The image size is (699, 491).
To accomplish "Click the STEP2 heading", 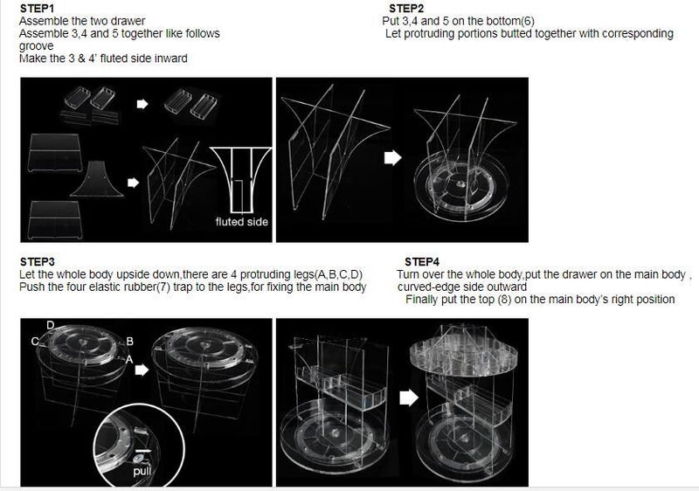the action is [x=406, y=9].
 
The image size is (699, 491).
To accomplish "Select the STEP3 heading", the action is [x=38, y=261].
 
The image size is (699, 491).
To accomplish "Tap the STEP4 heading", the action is [x=422, y=261].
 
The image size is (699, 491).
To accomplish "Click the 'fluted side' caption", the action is [x=242, y=222].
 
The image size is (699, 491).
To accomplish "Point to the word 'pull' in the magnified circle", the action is [x=142, y=471].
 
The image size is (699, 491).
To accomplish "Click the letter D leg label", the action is [x=51, y=325].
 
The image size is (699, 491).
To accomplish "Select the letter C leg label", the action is [x=35, y=342].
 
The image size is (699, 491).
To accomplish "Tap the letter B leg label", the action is [x=129, y=342].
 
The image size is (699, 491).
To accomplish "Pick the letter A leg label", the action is [x=129, y=359].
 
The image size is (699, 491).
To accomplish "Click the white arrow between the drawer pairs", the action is [x=142, y=104].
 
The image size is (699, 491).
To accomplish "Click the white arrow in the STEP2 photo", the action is [x=392, y=157].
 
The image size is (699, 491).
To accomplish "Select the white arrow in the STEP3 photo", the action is [x=142, y=370].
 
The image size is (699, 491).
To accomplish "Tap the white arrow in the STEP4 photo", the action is [x=409, y=398].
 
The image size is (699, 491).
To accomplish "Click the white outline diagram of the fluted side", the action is [x=240, y=181].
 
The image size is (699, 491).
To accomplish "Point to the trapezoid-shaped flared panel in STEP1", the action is [x=97, y=179].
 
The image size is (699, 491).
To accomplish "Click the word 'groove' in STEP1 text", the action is [x=36, y=46].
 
